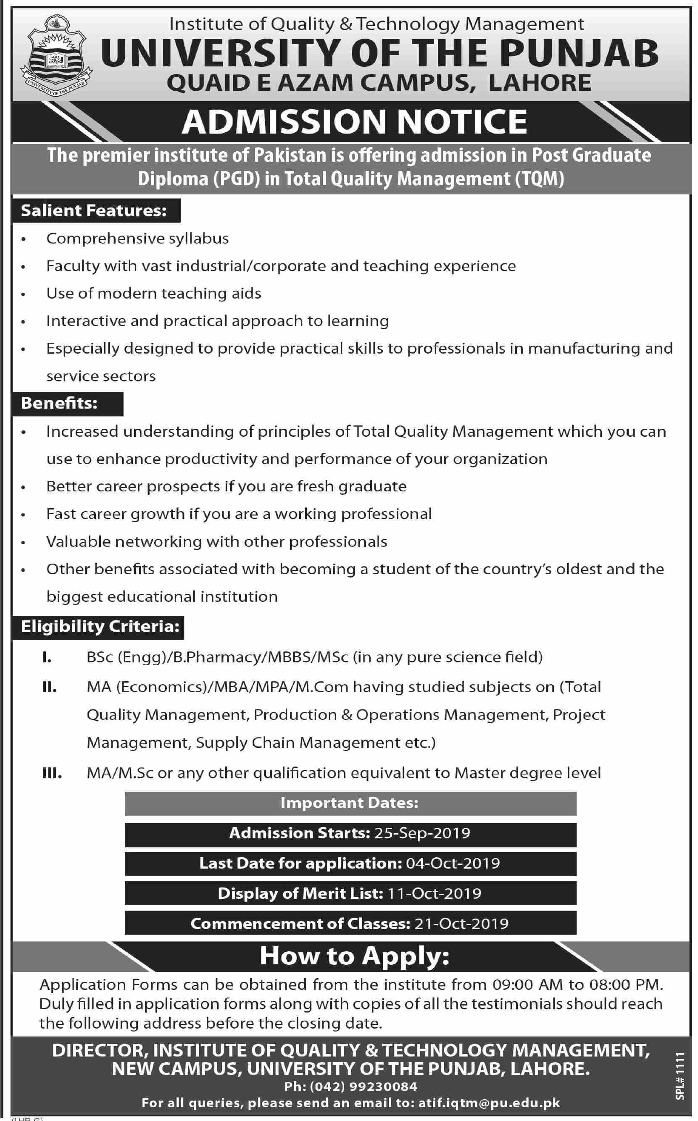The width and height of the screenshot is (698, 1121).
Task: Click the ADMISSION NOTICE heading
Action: coord(354,122)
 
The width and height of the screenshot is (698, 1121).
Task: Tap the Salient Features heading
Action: coord(94,211)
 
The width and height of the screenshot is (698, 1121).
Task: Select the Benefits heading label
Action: coord(60,403)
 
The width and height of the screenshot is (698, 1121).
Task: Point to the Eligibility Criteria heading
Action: coord(100,627)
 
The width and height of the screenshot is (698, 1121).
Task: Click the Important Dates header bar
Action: coord(350,803)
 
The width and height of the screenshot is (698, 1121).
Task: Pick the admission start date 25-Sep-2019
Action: coord(422,833)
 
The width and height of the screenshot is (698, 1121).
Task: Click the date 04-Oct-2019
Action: coord(453,863)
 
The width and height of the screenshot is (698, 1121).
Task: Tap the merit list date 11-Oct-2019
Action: coord(434,894)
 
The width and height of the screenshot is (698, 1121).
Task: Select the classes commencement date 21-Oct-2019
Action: coord(461,924)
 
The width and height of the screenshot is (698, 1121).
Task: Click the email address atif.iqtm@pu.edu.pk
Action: coord(489,1103)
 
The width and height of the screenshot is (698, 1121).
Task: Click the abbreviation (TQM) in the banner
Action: coord(539,179)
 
